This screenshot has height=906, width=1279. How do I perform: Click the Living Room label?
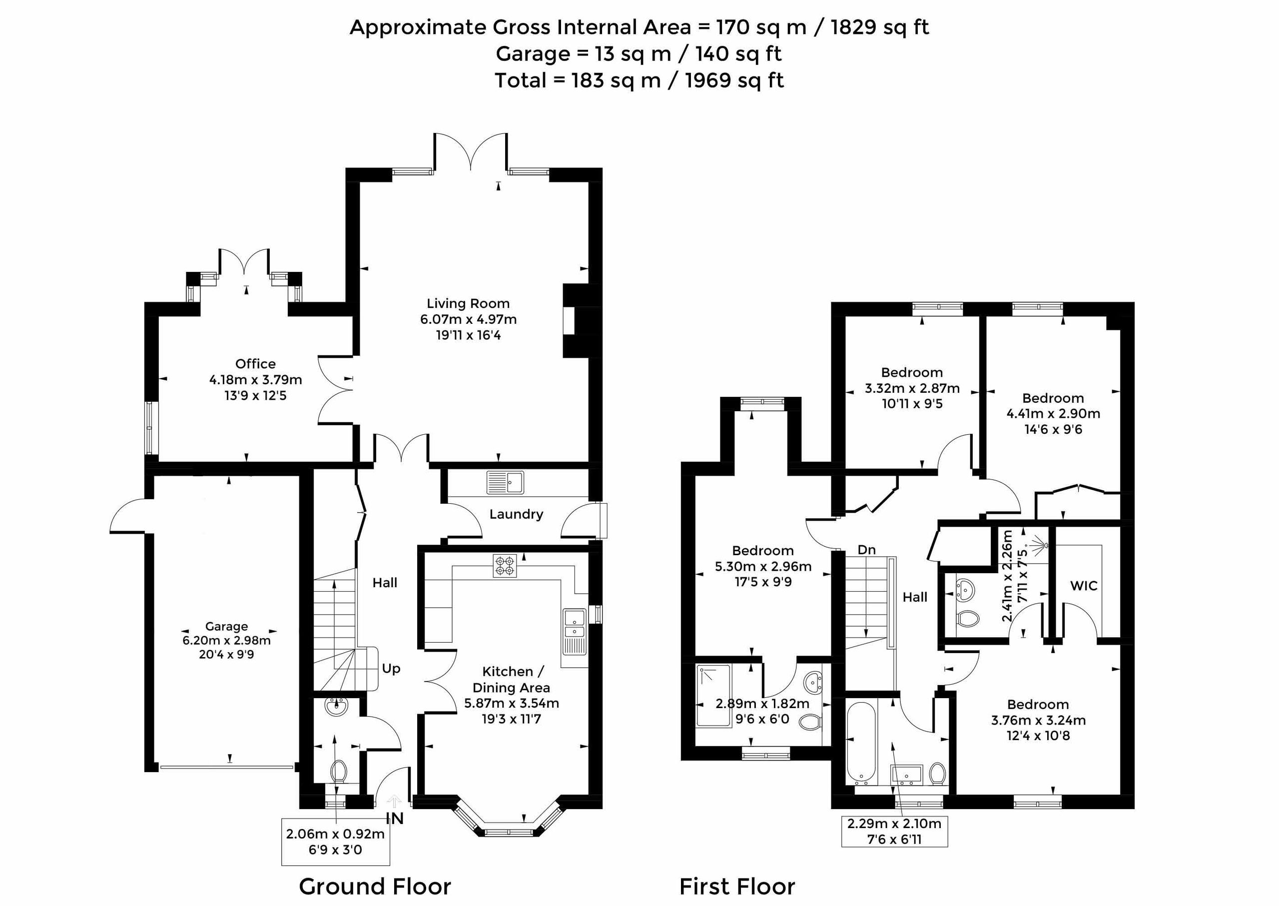[468, 303]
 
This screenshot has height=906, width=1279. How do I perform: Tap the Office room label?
[255, 364]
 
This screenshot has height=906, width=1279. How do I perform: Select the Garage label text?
[226, 627]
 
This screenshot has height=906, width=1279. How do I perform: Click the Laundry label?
[516, 514]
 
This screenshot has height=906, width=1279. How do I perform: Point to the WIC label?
[1084, 586]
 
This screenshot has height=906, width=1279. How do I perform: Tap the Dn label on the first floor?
[867, 550]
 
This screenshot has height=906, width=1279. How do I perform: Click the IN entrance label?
[395, 819]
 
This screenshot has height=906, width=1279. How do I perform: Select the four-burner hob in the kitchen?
[505, 565]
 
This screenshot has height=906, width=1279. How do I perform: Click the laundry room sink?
[505, 483]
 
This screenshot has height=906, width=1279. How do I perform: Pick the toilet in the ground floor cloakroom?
[339, 772]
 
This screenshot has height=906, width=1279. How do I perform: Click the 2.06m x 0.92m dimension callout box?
[335, 842]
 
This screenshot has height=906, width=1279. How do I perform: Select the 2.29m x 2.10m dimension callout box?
[894, 831]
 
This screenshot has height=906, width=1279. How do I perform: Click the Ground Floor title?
[375, 886]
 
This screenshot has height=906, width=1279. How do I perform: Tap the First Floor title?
[737, 886]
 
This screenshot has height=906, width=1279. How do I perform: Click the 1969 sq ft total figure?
[734, 80]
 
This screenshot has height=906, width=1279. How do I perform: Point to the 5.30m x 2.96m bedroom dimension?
[763, 567]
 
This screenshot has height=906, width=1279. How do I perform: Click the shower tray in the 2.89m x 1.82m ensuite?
[713, 696]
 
